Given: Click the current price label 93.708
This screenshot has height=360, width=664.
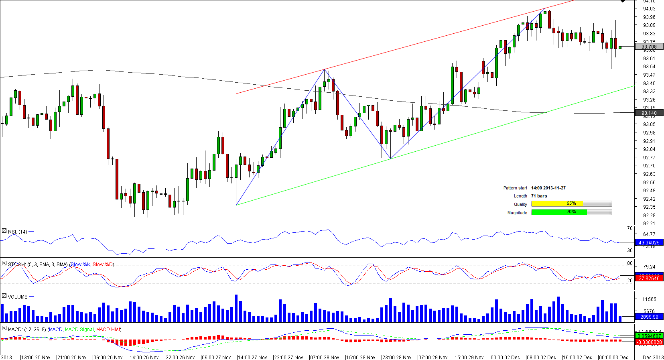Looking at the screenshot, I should (x=649, y=47).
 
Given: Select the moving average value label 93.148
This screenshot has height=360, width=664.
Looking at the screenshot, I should (x=649, y=113).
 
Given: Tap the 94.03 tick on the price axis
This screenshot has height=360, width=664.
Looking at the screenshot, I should (x=649, y=9).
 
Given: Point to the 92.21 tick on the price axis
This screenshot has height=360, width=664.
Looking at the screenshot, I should (x=649, y=224).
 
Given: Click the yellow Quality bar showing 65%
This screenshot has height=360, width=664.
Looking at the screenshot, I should (x=557, y=204).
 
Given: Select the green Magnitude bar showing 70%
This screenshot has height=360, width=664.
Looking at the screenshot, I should (x=559, y=212).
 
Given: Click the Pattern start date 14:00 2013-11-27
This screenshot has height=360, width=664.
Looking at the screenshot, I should (x=548, y=188).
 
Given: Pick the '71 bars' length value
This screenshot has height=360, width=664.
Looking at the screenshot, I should (x=539, y=196).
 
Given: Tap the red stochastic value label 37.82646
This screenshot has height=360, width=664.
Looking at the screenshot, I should (x=649, y=278).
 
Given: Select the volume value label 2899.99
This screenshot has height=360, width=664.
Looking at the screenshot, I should (x=649, y=317).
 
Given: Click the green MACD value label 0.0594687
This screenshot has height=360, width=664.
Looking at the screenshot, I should (x=649, y=336).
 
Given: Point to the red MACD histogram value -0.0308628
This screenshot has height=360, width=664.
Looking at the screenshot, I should (x=649, y=342).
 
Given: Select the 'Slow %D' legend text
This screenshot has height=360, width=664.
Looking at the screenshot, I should (x=103, y=264).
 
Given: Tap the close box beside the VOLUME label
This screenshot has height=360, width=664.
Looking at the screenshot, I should (x=4, y=296).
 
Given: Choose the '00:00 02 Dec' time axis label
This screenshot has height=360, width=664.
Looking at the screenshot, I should (x=505, y=357).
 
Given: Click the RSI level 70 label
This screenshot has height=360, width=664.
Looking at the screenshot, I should (x=629, y=228).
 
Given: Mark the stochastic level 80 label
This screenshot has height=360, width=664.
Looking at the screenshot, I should (x=629, y=263).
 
